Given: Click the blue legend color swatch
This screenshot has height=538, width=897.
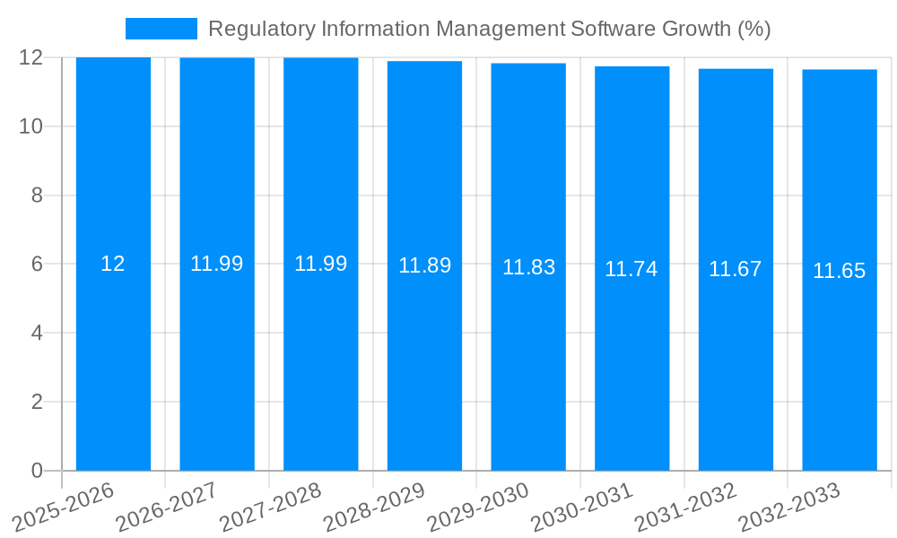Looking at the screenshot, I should pos(161,29).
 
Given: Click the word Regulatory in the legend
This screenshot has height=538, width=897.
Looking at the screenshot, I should pos(253,30).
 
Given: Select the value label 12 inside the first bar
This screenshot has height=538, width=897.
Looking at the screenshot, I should pos(113,264).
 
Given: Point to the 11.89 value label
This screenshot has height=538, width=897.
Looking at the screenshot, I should pos(424,265).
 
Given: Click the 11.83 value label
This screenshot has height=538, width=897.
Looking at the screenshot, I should pos(528,267).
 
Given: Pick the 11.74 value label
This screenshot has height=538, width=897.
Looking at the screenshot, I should pos(631,269).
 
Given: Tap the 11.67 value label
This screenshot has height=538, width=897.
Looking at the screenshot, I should pos(736,269).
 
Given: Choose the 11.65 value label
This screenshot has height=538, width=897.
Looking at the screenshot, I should pos(840,271).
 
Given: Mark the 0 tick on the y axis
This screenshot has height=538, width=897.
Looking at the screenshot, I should pos(37,471).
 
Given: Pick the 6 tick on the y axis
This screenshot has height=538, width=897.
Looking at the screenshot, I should pos(37,265).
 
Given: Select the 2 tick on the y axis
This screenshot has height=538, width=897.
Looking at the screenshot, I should pos(37,402).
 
